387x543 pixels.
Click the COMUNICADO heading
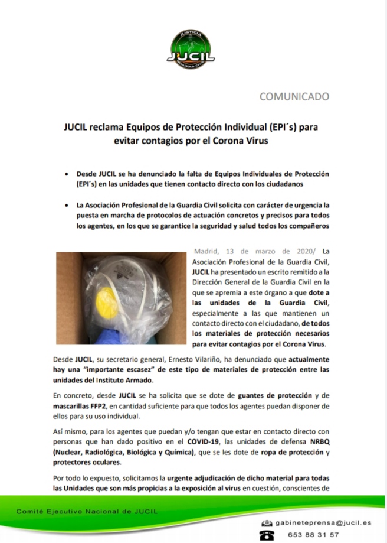pyautogui.click(x=294, y=96)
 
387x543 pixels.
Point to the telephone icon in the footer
pyautogui.click(x=268, y=535)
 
